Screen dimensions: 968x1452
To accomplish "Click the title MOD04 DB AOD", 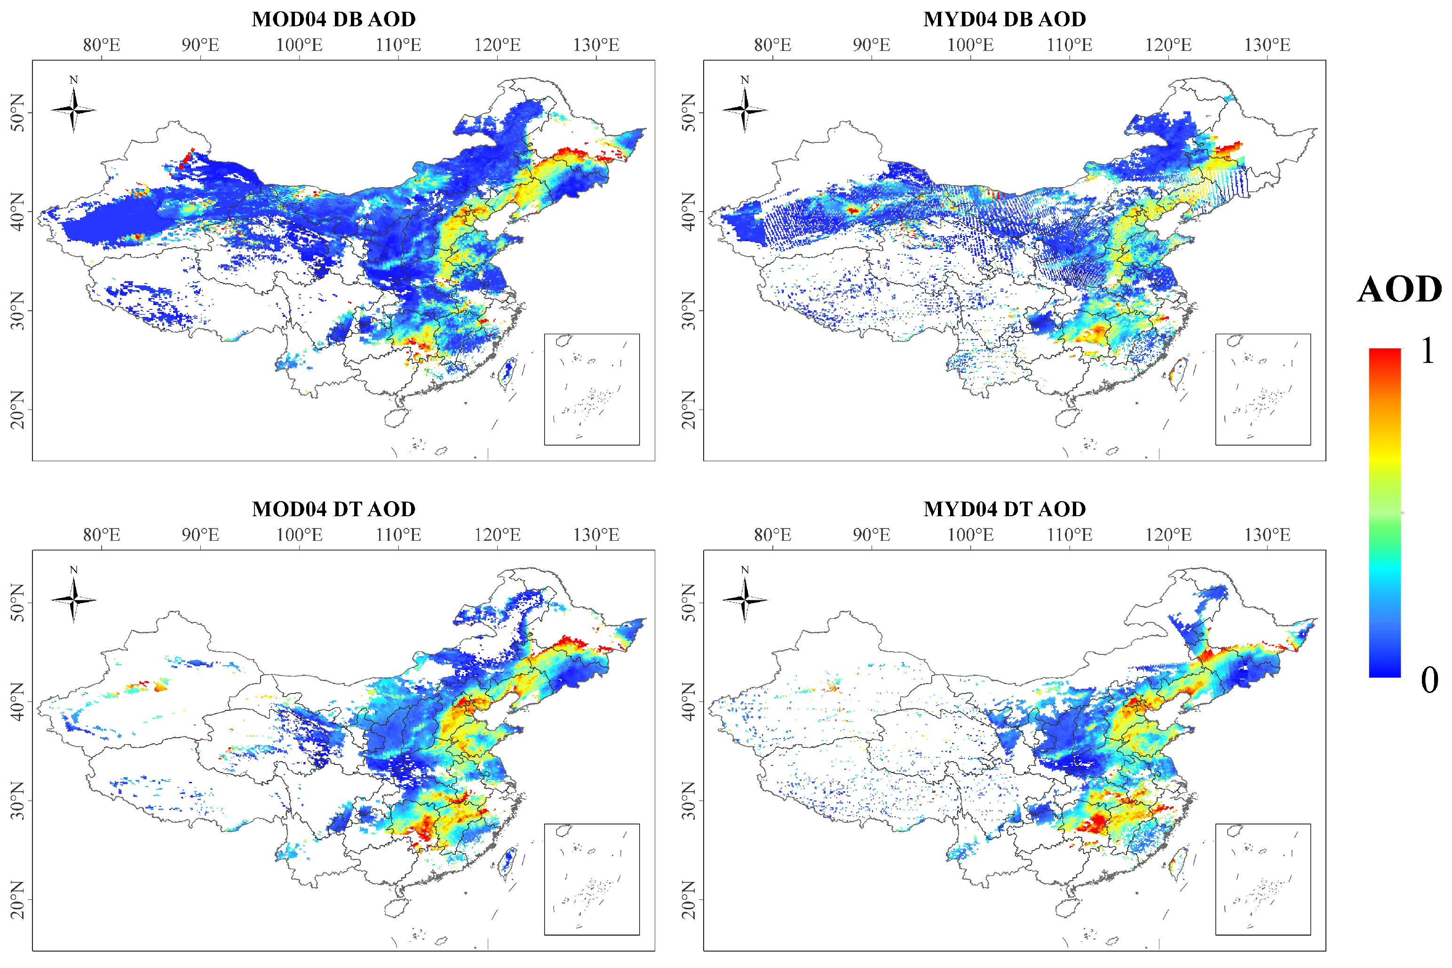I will pos(333,19).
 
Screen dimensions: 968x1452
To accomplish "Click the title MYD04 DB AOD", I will pos(1004,19).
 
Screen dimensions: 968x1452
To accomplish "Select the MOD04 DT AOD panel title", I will pos(333,509).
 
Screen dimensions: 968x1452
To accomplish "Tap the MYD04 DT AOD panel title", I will pos(1004,509).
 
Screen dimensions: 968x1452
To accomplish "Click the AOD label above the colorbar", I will pos(1399,290).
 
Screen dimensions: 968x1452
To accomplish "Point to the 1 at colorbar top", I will pos(1427,352).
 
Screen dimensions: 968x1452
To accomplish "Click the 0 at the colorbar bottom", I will pos(1428,680).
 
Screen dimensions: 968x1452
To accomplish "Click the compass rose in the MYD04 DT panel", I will pos(745,599).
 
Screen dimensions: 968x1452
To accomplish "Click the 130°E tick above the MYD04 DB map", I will pos(1267,45).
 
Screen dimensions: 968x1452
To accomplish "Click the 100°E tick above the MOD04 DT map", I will pos(299,535).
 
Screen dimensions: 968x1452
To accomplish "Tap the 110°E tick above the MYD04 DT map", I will pos(1069,535).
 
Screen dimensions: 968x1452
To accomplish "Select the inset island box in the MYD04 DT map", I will pos(1262,879).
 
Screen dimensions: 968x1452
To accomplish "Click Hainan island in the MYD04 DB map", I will pos(1067,418).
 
